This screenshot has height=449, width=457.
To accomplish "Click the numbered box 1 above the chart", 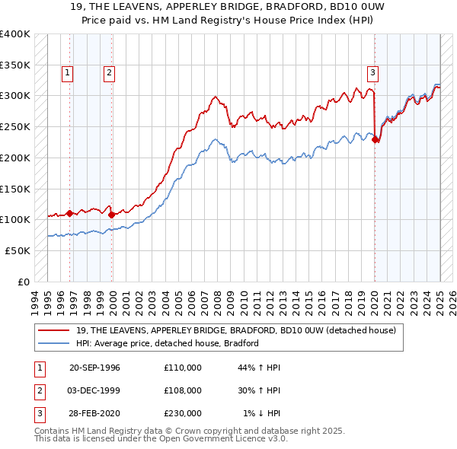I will pyautogui.click(x=67, y=73).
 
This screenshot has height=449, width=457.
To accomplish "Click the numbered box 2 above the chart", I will pyautogui.click(x=110, y=73).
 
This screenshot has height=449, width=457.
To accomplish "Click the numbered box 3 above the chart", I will pyautogui.click(x=373, y=73).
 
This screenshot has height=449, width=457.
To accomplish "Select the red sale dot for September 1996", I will pyautogui.click(x=70, y=213).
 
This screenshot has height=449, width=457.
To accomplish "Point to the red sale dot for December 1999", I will pyautogui.click(x=112, y=215).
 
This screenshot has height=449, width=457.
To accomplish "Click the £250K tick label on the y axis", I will pyautogui.click(x=15, y=126).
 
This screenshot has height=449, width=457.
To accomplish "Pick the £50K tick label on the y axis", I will pyautogui.click(x=18, y=250).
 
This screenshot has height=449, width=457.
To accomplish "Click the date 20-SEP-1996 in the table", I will pyautogui.click(x=94, y=368).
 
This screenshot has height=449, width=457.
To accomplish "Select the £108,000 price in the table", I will pyautogui.click(x=183, y=390).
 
